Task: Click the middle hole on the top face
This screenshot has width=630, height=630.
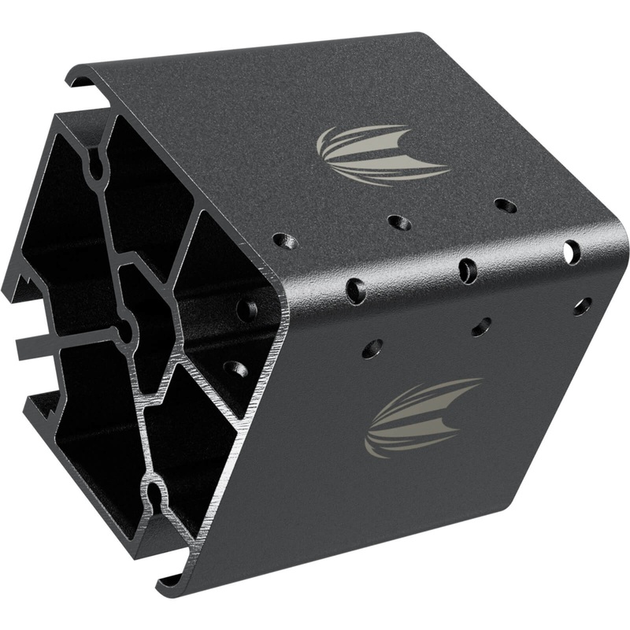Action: point(399,222)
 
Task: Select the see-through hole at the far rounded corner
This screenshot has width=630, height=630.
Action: point(572,252)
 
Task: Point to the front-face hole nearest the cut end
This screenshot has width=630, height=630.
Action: point(372,347)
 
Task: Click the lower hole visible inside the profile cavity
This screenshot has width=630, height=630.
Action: point(235,368)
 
